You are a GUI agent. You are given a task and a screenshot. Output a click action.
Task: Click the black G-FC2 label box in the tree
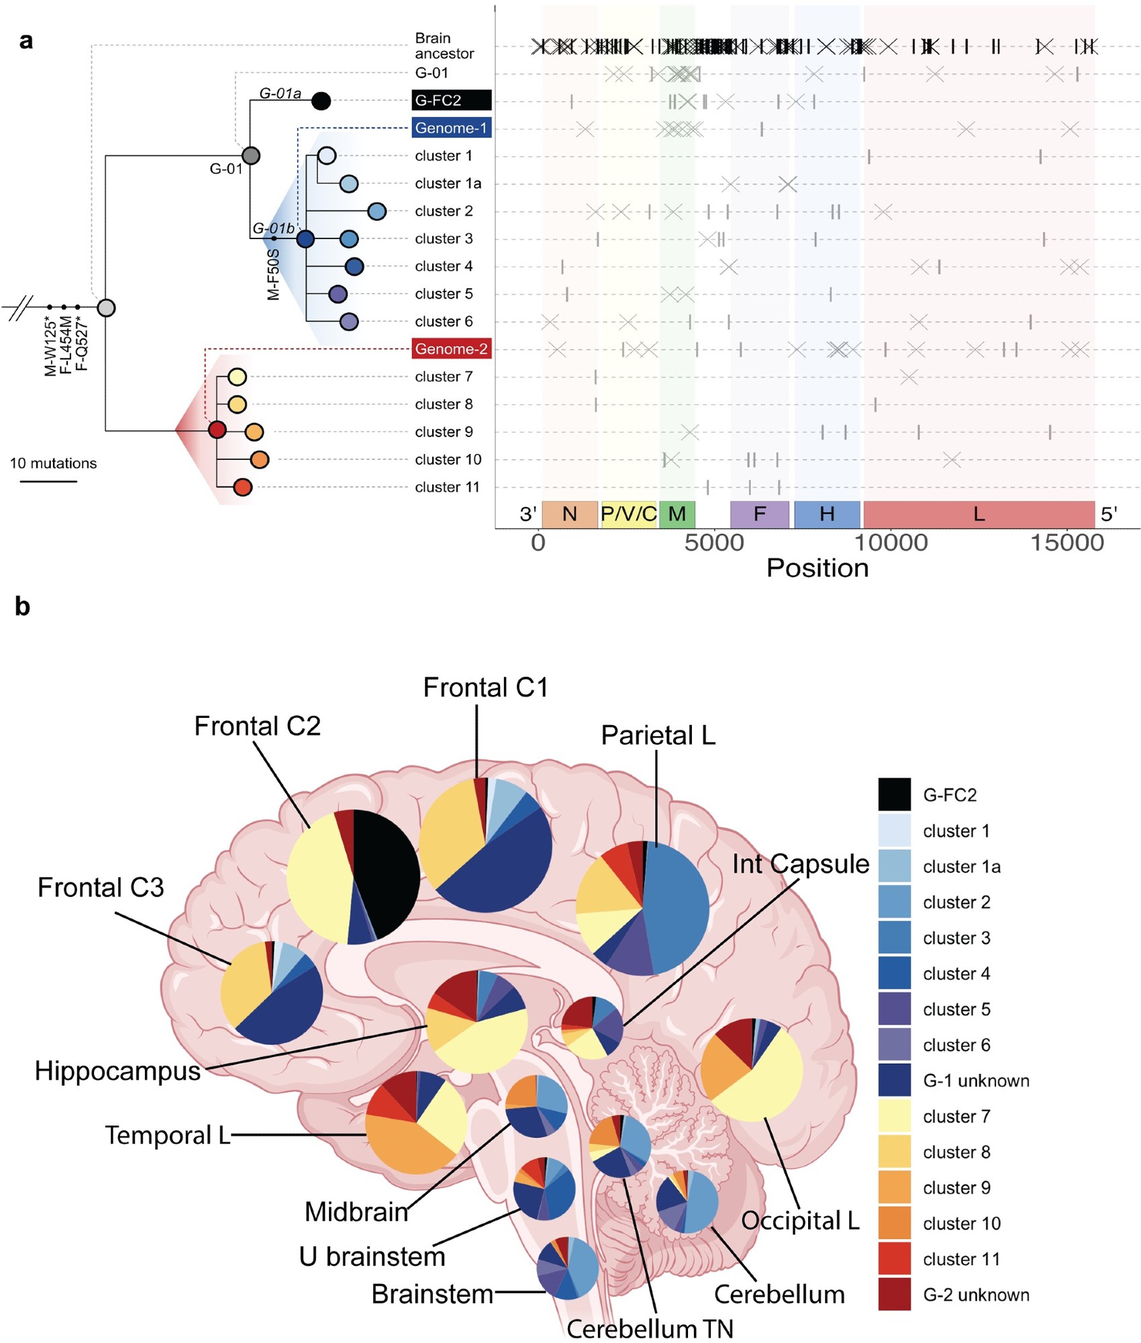[x=451, y=100]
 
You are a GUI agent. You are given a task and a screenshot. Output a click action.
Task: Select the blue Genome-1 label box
[x=451, y=128]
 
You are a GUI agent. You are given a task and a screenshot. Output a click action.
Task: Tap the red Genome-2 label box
[x=451, y=349]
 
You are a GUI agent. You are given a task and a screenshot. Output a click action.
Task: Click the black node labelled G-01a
[x=321, y=101]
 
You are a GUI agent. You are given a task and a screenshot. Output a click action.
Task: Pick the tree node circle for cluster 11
[x=242, y=488]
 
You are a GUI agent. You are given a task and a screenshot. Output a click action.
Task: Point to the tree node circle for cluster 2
[x=377, y=212]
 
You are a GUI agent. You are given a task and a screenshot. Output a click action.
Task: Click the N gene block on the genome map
[x=569, y=514]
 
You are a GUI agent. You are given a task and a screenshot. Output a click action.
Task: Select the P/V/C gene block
[x=628, y=514]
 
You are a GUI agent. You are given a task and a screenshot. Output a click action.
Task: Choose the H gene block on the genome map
[x=827, y=514]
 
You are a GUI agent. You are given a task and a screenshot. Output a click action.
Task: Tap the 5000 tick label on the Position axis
[x=714, y=543]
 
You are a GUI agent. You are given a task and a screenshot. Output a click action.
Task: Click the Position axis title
[x=817, y=568]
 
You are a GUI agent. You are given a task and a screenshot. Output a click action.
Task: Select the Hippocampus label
[x=117, y=1070]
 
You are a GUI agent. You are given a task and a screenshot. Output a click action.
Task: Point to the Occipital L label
[x=800, y=1220]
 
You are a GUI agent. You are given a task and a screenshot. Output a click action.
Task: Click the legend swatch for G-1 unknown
[x=894, y=1080]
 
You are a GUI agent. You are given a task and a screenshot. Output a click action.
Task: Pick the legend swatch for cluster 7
[x=894, y=1116]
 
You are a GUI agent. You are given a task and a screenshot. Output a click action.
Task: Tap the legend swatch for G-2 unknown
[x=894, y=1294]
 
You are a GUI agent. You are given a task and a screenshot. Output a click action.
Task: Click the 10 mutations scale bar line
[x=48, y=481]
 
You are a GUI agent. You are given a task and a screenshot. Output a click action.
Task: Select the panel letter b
[x=22, y=606]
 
